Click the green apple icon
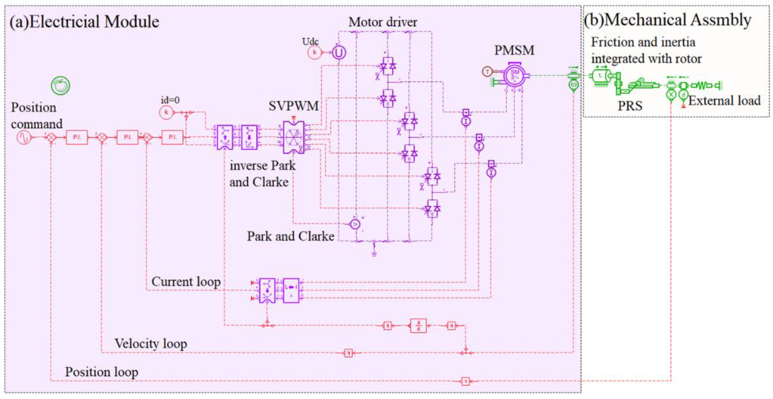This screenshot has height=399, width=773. pyautogui.click(x=60, y=85)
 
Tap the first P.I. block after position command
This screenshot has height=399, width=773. pyautogui.click(x=77, y=137)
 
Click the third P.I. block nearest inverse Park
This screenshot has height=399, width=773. pyautogui.click(x=172, y=137)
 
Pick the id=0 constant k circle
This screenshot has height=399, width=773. pyautogui.click(x=166, y=112)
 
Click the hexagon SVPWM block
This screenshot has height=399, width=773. pyautogui.click(x=293, y=137)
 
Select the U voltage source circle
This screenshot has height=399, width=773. pyautogui.click(x=339, y=53)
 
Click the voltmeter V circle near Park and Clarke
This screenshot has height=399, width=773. pyautogui.click(x=355, y=224)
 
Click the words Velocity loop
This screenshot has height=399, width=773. pyautogui.click(x=151, y=343)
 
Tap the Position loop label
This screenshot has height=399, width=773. pyautogui.click(x=101, y=372)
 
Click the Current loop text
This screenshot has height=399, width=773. pyautogui.click(x=186, y=282)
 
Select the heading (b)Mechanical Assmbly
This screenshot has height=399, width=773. pyautogui.click(x=667, y=20)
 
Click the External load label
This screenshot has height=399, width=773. pyautogui.click(x=724, y=100)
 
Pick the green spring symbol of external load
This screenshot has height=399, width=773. pyautogui.click(x=703, y=85)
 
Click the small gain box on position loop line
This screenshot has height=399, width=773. pyautogui.click(x=465, y=381)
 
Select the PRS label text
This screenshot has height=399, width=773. pyautogui.click(x=630, y=106)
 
